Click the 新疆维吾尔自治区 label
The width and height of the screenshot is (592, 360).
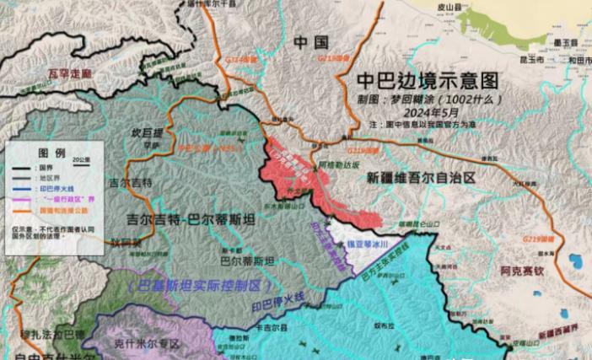pos(421,179)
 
